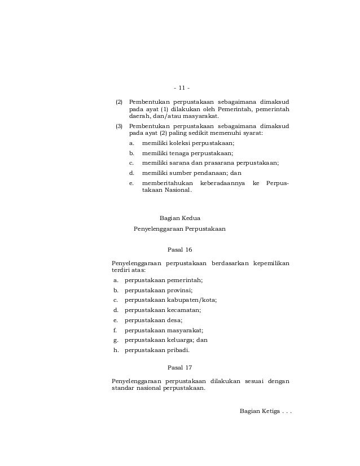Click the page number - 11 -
pyautogui.click(x=182, y=87)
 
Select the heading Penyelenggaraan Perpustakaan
pyautogui.click(x=179, y=229)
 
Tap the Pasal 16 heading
pyautogui.click(x=180, y=249)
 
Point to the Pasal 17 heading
pyautogui.click(x=180, y=367)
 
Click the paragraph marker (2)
pyautogui.click(x=118, y=103)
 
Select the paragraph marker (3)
pyautogui.click(x=118, y=126)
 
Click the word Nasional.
pyautogui.click(x=177, y=191)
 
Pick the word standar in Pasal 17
pyautogui.click(x=122, y=389)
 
